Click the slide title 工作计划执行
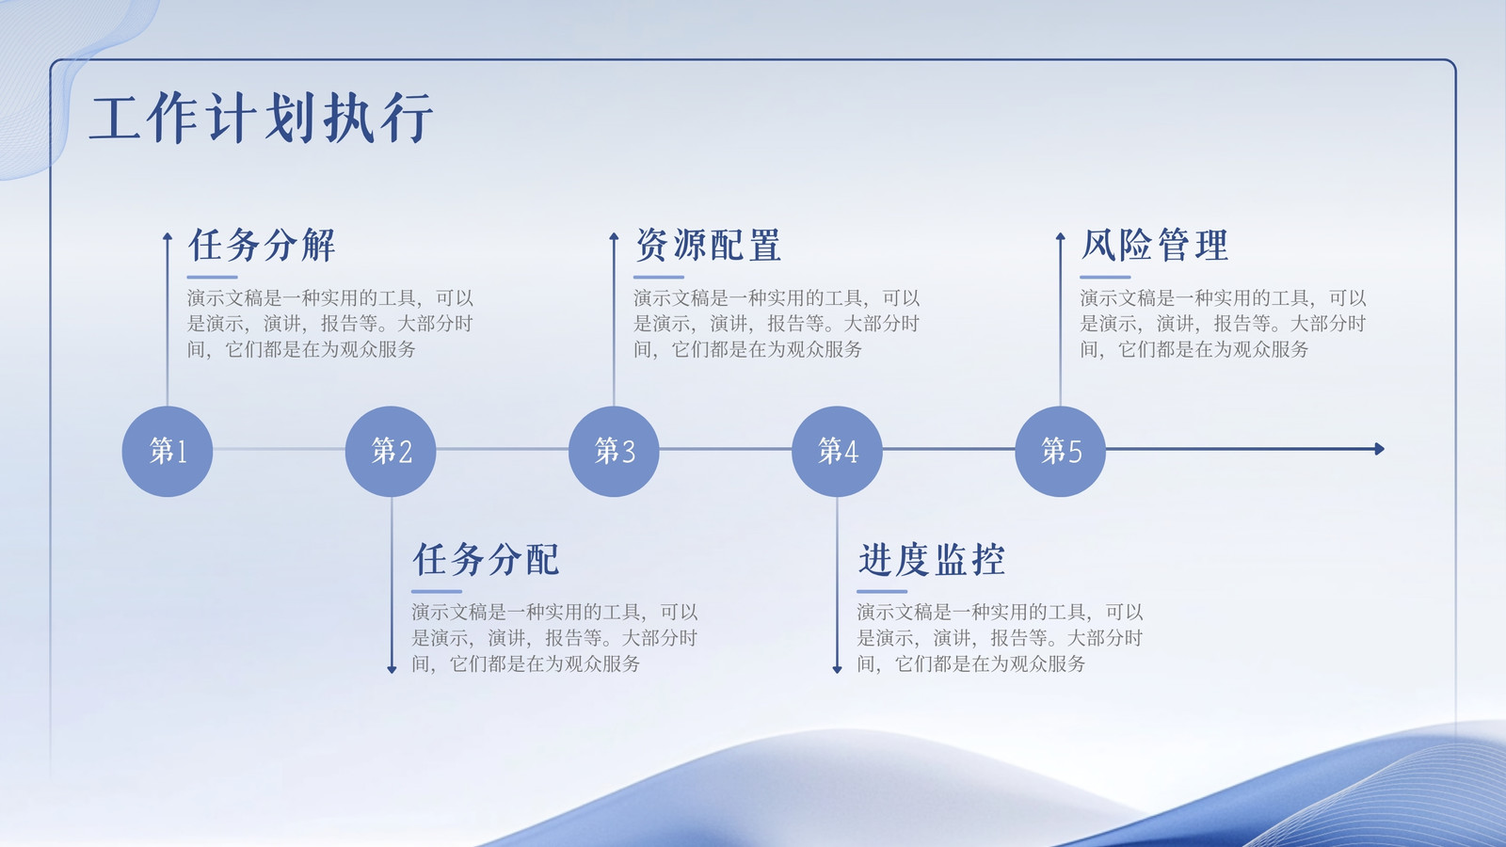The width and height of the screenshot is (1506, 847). tap(261, 119)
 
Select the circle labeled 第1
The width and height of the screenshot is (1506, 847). tap(168, 451)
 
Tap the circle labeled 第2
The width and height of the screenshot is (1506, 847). tap(391, 451)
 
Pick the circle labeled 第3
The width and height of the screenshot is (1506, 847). tap(614, 451)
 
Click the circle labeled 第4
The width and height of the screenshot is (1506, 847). tap(837, 451)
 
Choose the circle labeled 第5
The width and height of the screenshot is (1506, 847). tap(1060, 451)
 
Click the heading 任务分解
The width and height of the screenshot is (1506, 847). tap(262, 245)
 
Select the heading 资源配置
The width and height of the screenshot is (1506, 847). tap(708, 245)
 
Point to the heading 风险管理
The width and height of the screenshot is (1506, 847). tap(1154, 245)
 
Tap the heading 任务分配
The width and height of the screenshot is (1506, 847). tap(486, 559)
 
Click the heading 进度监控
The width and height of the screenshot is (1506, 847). tap(931, 559)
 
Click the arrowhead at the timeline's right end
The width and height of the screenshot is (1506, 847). tap(1380, 448)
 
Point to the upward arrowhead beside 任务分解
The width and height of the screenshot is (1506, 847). tap(168, 236)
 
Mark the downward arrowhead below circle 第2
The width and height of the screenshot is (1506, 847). tap(392, 669)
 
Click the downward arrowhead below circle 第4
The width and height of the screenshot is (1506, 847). tap(837, 669)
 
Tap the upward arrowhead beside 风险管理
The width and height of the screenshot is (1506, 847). tap(1060, 236)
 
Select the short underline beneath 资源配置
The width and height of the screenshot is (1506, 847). tap(659, 277)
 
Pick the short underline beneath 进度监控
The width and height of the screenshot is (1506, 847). tap(882, 592)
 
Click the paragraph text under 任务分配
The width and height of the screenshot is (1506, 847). tap(554, 638)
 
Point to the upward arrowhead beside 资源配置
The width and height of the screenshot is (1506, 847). tap(614, 236)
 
